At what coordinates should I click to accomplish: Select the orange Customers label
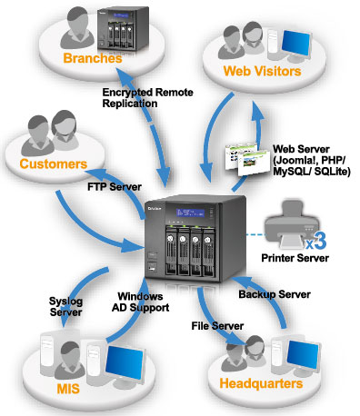50,164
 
